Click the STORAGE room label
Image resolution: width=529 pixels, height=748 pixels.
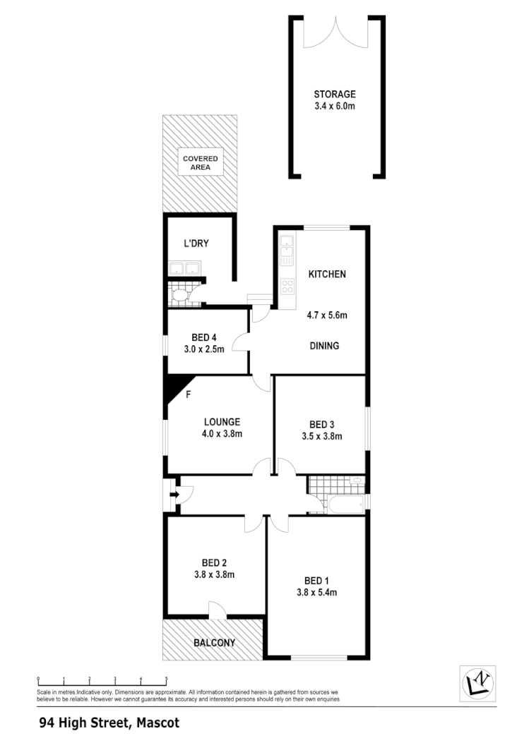click(x=335, y=94)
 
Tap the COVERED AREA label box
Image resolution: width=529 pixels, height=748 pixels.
click(x=201, y=163)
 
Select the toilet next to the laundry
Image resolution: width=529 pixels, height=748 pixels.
click(x=181, y=294)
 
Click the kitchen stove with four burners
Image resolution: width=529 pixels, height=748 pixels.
click(x=287, y=286)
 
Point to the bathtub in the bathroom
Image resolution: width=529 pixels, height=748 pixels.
click(x=345, y=505)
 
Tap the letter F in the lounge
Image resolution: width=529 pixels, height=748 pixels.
click(x=189, y=394)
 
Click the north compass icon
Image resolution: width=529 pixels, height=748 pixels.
click(x=477, y=684)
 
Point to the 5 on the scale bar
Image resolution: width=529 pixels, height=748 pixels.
click(x=167, y=680)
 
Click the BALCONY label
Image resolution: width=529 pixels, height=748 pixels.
click(x=214, y=643)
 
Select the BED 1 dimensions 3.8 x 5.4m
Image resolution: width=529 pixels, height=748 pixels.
click(x=316, y=592)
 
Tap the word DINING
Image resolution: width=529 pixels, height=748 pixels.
click(x=325, y=346)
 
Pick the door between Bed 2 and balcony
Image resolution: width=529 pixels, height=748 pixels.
click(x=216, y=611)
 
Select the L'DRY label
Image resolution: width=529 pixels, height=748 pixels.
click(x=196, y=244)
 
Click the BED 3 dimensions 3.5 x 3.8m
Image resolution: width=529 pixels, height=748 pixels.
click(x=321, y=435)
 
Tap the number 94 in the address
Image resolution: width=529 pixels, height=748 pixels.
click(x=46, y=723)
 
